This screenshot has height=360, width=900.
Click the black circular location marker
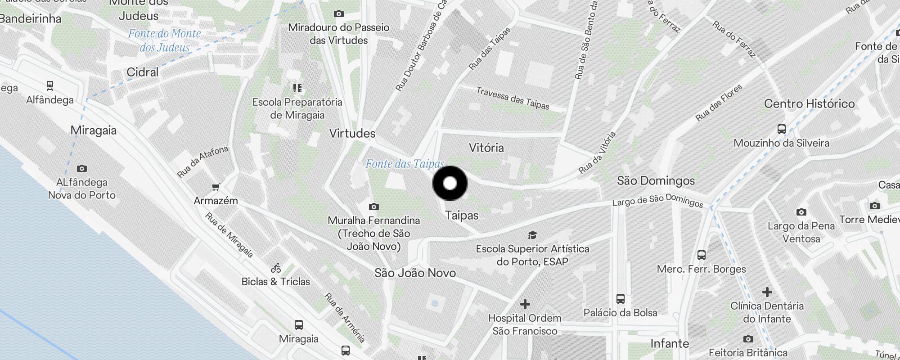pos(450,183)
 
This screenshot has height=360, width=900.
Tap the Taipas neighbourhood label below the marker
pos(462,216)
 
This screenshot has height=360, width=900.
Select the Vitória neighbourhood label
pos(486,148)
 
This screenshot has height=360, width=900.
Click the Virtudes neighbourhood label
pos(352,133)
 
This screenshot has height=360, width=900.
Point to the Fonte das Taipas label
pos(405,164)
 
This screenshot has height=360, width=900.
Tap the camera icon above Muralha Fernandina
pos(373,207)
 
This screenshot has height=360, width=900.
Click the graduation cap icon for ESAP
pos(532,235)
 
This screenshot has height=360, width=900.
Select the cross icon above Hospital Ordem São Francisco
pos(525,305)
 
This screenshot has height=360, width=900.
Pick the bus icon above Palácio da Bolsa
pos(620,299)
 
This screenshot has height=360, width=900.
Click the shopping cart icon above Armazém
pos(216,187)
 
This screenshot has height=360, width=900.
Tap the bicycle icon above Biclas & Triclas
pos(276,268)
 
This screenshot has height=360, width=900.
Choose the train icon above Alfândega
pos(50,85)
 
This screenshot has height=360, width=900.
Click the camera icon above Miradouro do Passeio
pos(339,14)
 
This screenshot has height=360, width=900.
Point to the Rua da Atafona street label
pos(202,162)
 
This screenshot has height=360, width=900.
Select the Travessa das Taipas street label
pos(513,98)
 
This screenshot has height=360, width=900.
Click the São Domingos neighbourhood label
pos(656,181)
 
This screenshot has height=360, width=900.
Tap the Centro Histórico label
pos(809,103)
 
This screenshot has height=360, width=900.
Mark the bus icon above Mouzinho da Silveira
pos(782,129)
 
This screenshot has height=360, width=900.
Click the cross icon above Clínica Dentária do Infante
pos(767,292)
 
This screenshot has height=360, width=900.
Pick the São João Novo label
pos(415,273)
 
